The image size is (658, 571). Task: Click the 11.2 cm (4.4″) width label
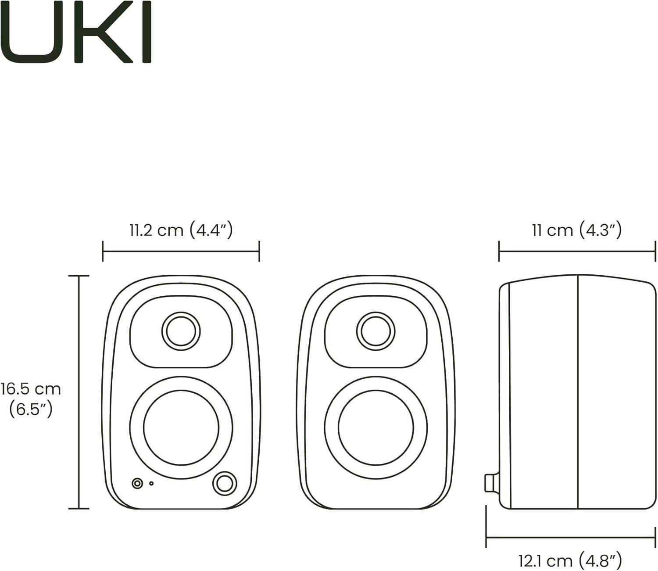point(181,230)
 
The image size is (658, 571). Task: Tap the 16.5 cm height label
point(31,389)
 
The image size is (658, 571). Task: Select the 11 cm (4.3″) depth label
point(576,230)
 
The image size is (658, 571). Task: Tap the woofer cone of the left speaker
point(181,427)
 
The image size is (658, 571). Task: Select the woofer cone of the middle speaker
point(375,427)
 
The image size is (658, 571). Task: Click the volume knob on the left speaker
point(225,483)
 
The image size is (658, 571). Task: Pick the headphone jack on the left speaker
point(138,483)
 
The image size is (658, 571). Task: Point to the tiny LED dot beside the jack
point(151,483)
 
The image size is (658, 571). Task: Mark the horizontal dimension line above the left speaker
point(181,251)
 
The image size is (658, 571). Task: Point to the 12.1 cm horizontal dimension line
point(570,536)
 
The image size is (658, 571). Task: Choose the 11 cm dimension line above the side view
point(576,251)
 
